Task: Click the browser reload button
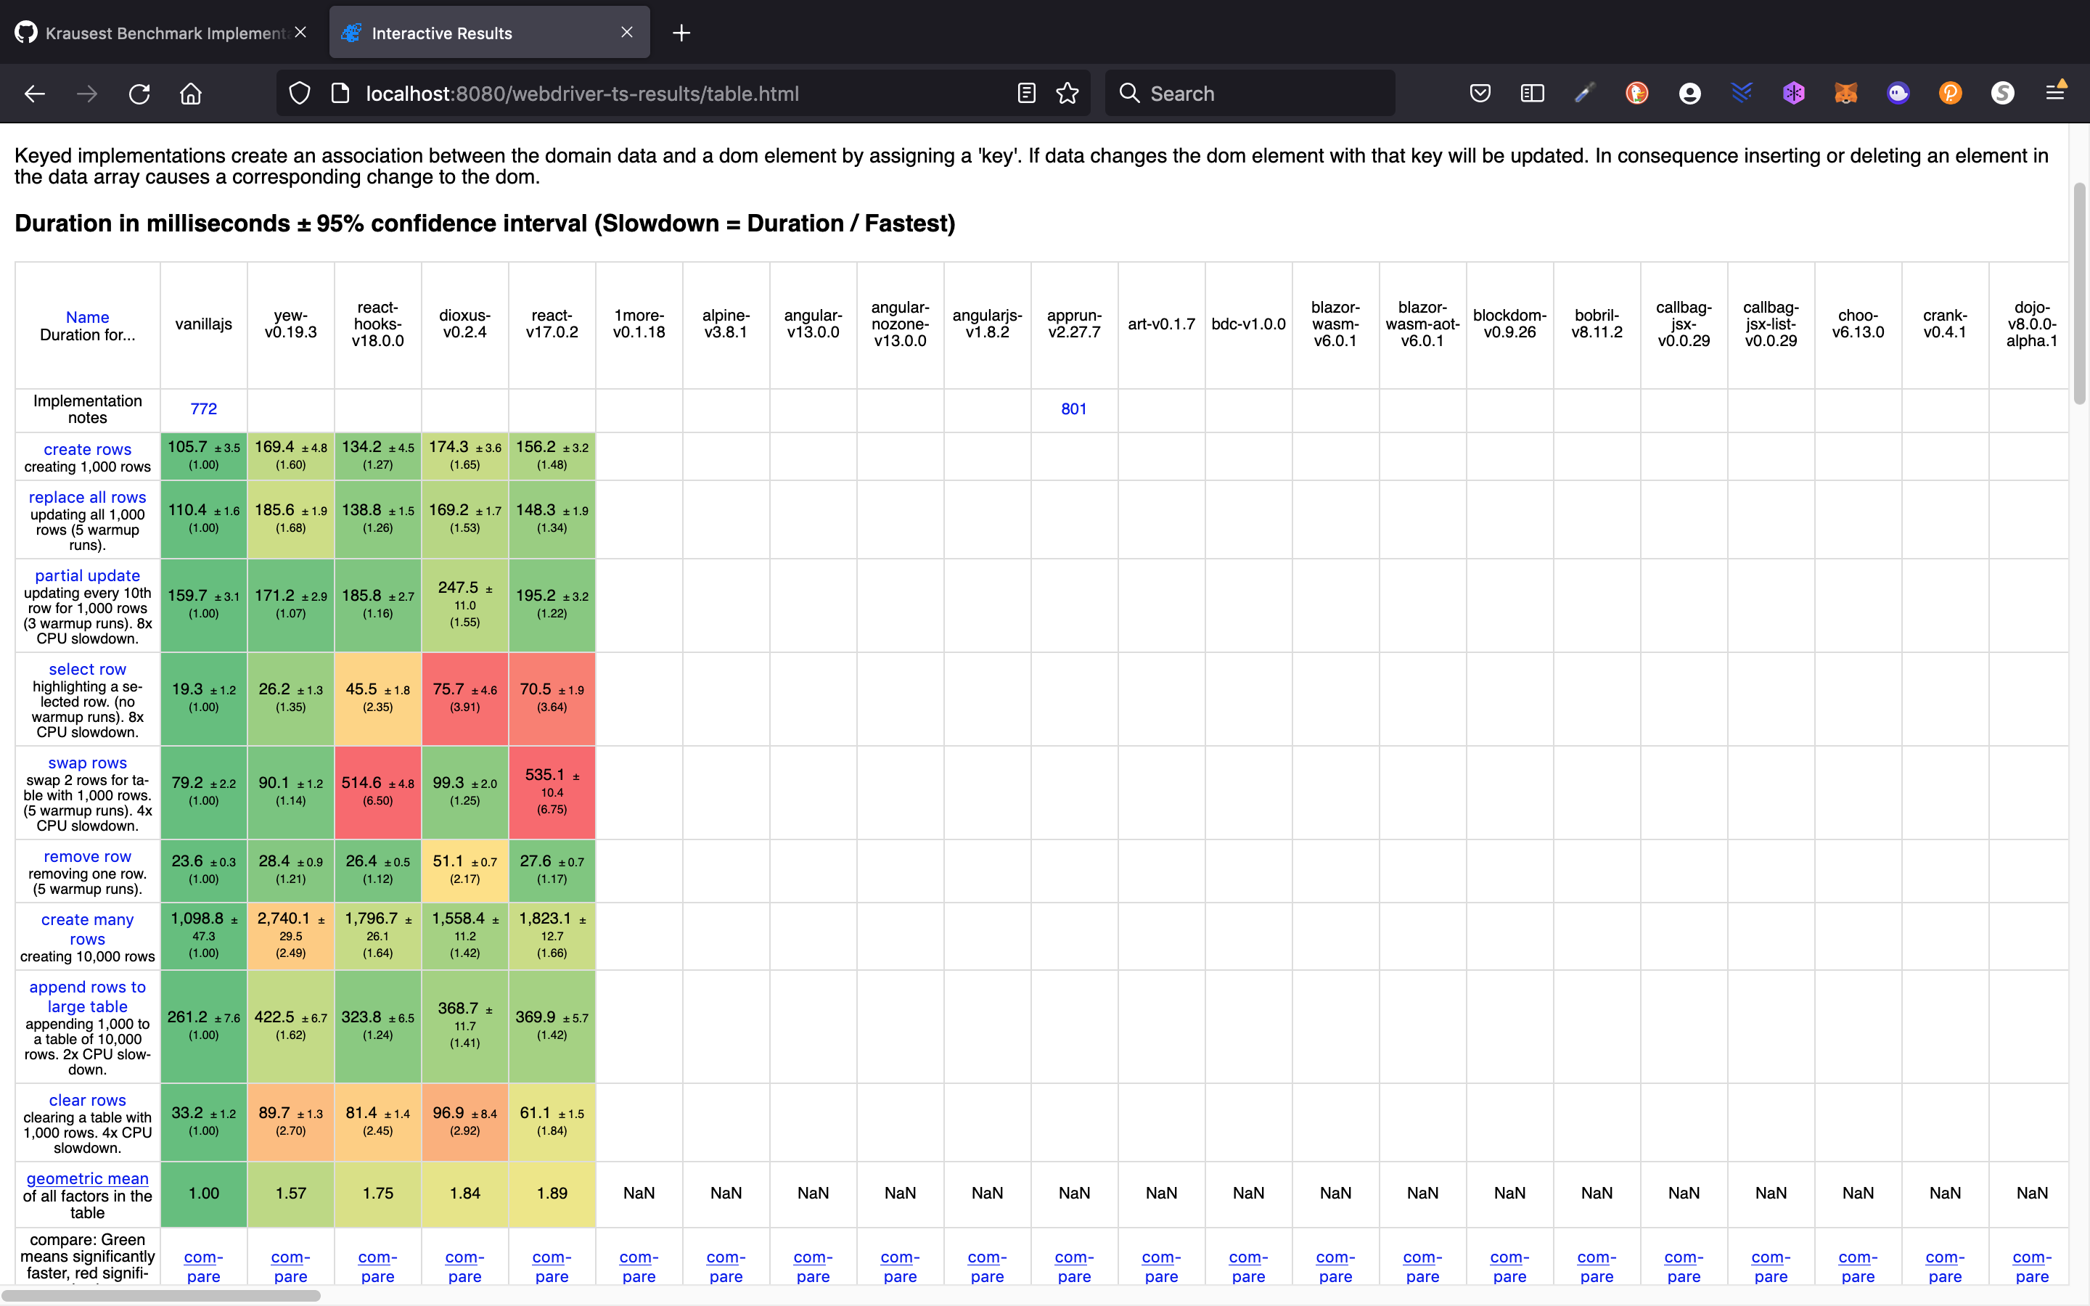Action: tap(139, 94)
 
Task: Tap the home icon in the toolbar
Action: tap(191, 94)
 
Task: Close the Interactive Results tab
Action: tap(627, 33)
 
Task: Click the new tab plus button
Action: tap(681, 33)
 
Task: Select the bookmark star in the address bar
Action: tap(1067, 94)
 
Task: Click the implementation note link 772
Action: tap(204, 408)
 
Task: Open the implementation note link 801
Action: tap(1073, 408)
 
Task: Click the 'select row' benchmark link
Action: tap(87, 670)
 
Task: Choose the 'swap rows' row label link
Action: tap(87, 763)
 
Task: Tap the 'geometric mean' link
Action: tap(87, 1178)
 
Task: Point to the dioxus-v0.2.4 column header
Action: tap(464, 324)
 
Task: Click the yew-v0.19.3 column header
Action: tap(290, 324)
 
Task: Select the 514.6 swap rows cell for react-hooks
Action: tap(377, 791)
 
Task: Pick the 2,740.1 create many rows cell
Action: tap(290, 935)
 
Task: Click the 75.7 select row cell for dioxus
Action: tap(464, 698)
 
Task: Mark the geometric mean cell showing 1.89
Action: tap(552, 1193)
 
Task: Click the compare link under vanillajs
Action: tap(204, 1266)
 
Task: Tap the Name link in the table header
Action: tap(87, 317)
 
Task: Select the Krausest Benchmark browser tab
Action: tap(155, 33)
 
